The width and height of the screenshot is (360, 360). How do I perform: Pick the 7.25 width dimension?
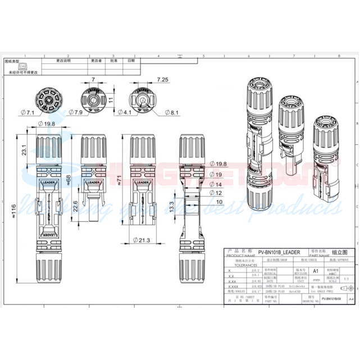[x=163, y=80]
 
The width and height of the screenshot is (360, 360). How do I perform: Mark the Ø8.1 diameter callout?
[x=172, y=113]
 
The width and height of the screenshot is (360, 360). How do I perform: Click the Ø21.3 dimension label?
[x=142, y=240]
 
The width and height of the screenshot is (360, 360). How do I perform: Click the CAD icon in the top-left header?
[x=22, y=66]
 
